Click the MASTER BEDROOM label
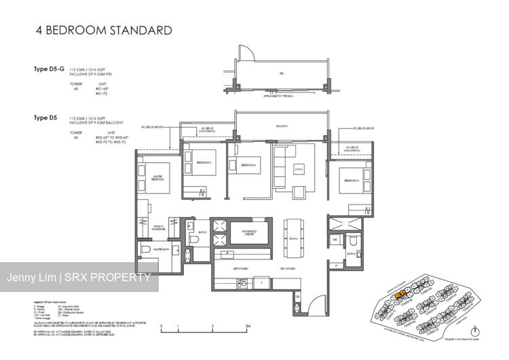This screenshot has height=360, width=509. click(x=159, y=177)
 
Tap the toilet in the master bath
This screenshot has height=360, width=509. click(x=145, y=252)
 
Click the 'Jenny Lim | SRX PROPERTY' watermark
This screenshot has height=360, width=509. click(x=79, y=277)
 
